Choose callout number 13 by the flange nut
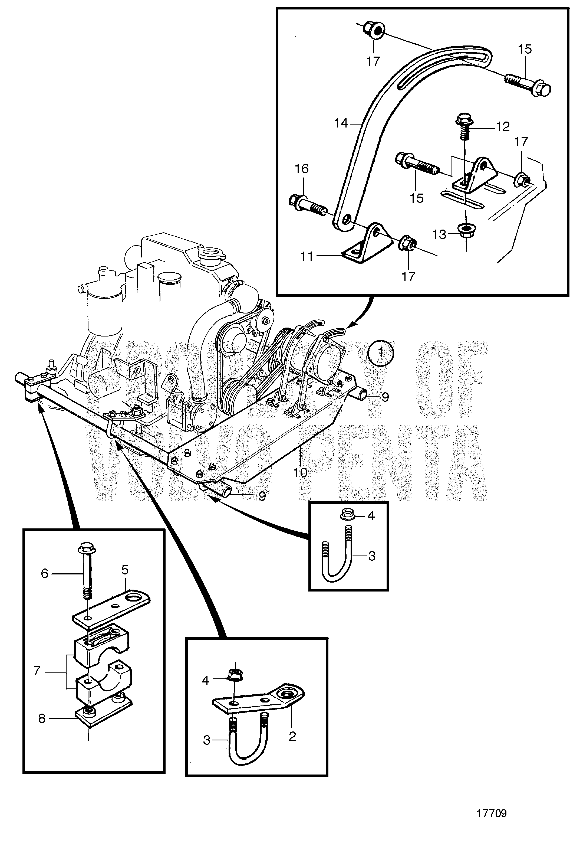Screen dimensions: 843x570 [x=439, y=235]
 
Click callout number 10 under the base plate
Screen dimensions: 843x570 [x=301, y=473]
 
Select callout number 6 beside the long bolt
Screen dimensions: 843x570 [x=44, y=573]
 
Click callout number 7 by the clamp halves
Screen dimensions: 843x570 [x=37, y=671]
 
